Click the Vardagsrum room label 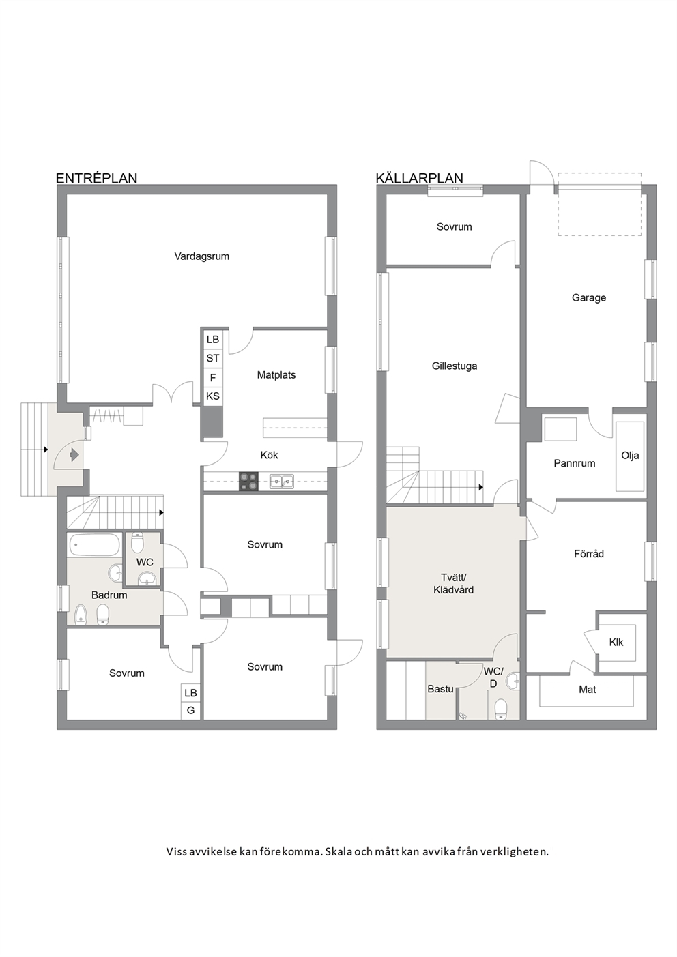tap(202, 256)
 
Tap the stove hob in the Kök tap(248, 481)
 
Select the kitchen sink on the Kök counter tap(282, 482)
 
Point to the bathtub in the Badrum tap(93, 545)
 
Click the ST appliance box tap(213, 358)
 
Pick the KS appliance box tap(213, 396)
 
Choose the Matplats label tap(276, 374)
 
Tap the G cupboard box tap(190, 711)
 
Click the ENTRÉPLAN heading tap(97, 178)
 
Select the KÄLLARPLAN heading tap(419, 178)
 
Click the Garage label tap(589, 298)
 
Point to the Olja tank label tap(630, 456)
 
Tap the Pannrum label tap(575, 463)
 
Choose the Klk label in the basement tap(616, 642)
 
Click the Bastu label tap(440, 689)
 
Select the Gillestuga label tap(455, 366)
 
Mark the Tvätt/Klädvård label tap(453, 584)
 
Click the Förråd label tap(589, 554)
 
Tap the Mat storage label tap(587, 689)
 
